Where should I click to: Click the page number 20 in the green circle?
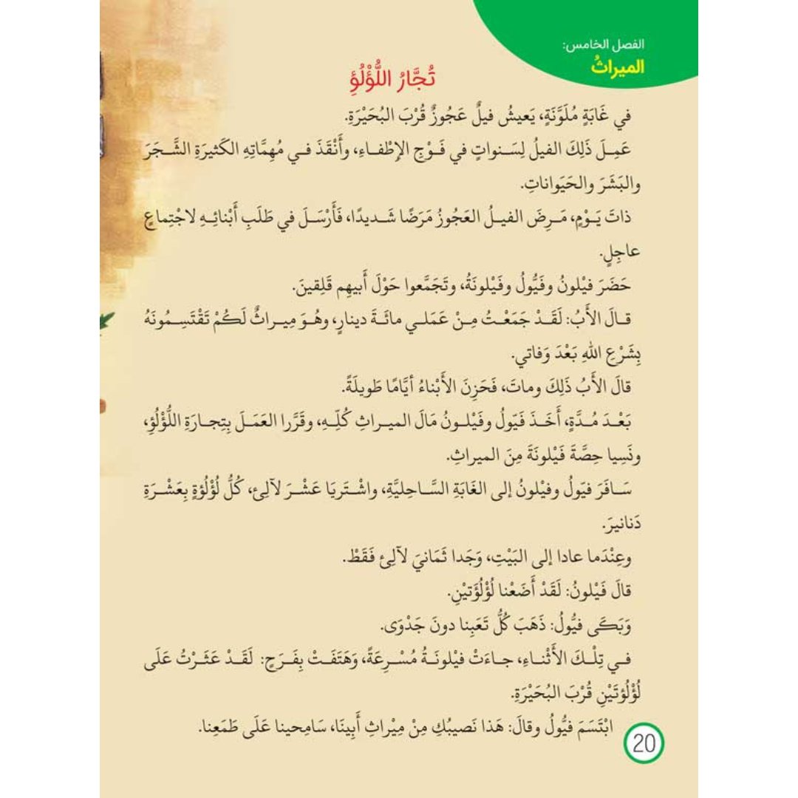point(644,743)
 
